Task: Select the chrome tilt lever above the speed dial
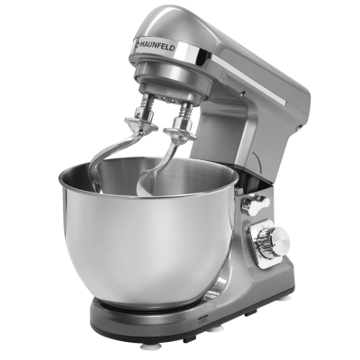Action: click(254, 204)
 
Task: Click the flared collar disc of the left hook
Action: click(141, 123)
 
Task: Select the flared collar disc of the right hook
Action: click(179, 134)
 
